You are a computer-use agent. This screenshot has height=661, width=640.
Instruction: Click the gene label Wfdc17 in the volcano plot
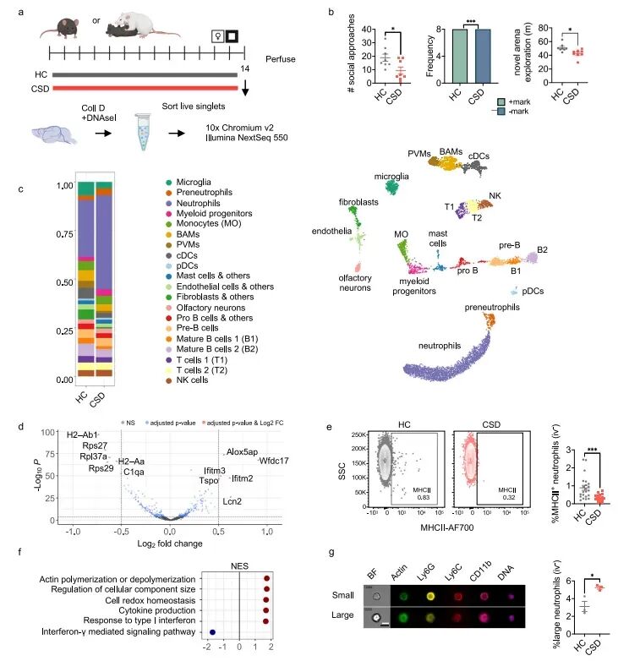pos(274,461)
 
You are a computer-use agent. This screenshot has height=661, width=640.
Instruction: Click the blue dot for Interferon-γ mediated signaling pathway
pos(213,631)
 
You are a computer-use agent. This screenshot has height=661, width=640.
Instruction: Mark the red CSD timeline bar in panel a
pos(145,86)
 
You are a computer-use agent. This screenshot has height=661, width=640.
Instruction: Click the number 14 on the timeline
pos(245,67)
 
